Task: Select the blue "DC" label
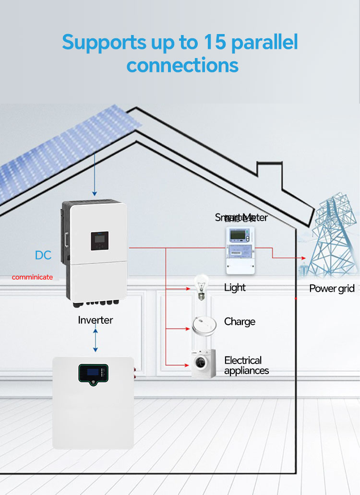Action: pos(43,255)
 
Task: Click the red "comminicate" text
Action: pos(32,277)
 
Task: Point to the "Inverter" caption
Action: pos(96,320)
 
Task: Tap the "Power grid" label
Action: pos(332,288)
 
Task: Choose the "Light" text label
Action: pos(235,288)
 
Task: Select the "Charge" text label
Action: pos(240,322)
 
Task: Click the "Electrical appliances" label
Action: pos(246,365)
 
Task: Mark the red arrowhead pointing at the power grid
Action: pos(302,258)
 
